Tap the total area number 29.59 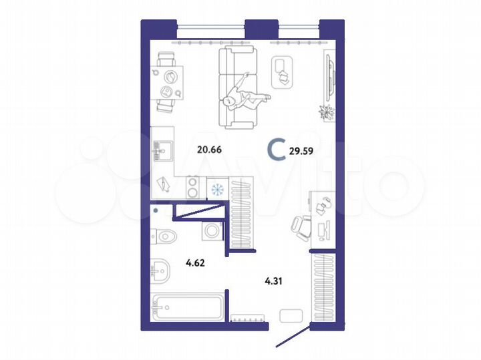click(x=300, y=150)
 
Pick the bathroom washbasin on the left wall click(x=160, y=271)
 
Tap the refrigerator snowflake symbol click(x=216, y=189)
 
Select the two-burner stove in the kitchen click(x=192, y=187)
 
